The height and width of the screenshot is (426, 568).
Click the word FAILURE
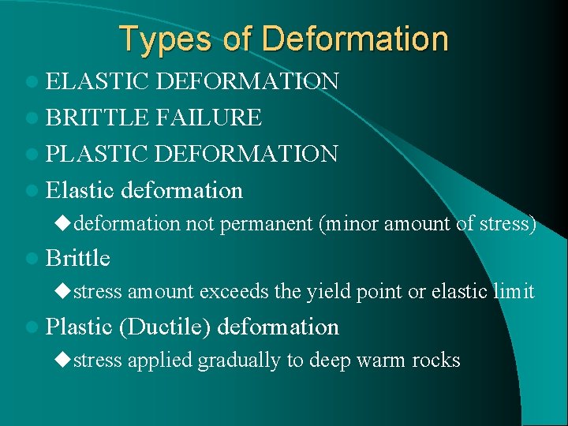(x=209, y=118)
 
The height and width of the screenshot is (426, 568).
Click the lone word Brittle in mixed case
(x=78, y=258)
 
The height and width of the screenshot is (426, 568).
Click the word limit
(x=512, y=292)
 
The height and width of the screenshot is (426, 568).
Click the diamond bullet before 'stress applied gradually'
(x=62, y=360)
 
